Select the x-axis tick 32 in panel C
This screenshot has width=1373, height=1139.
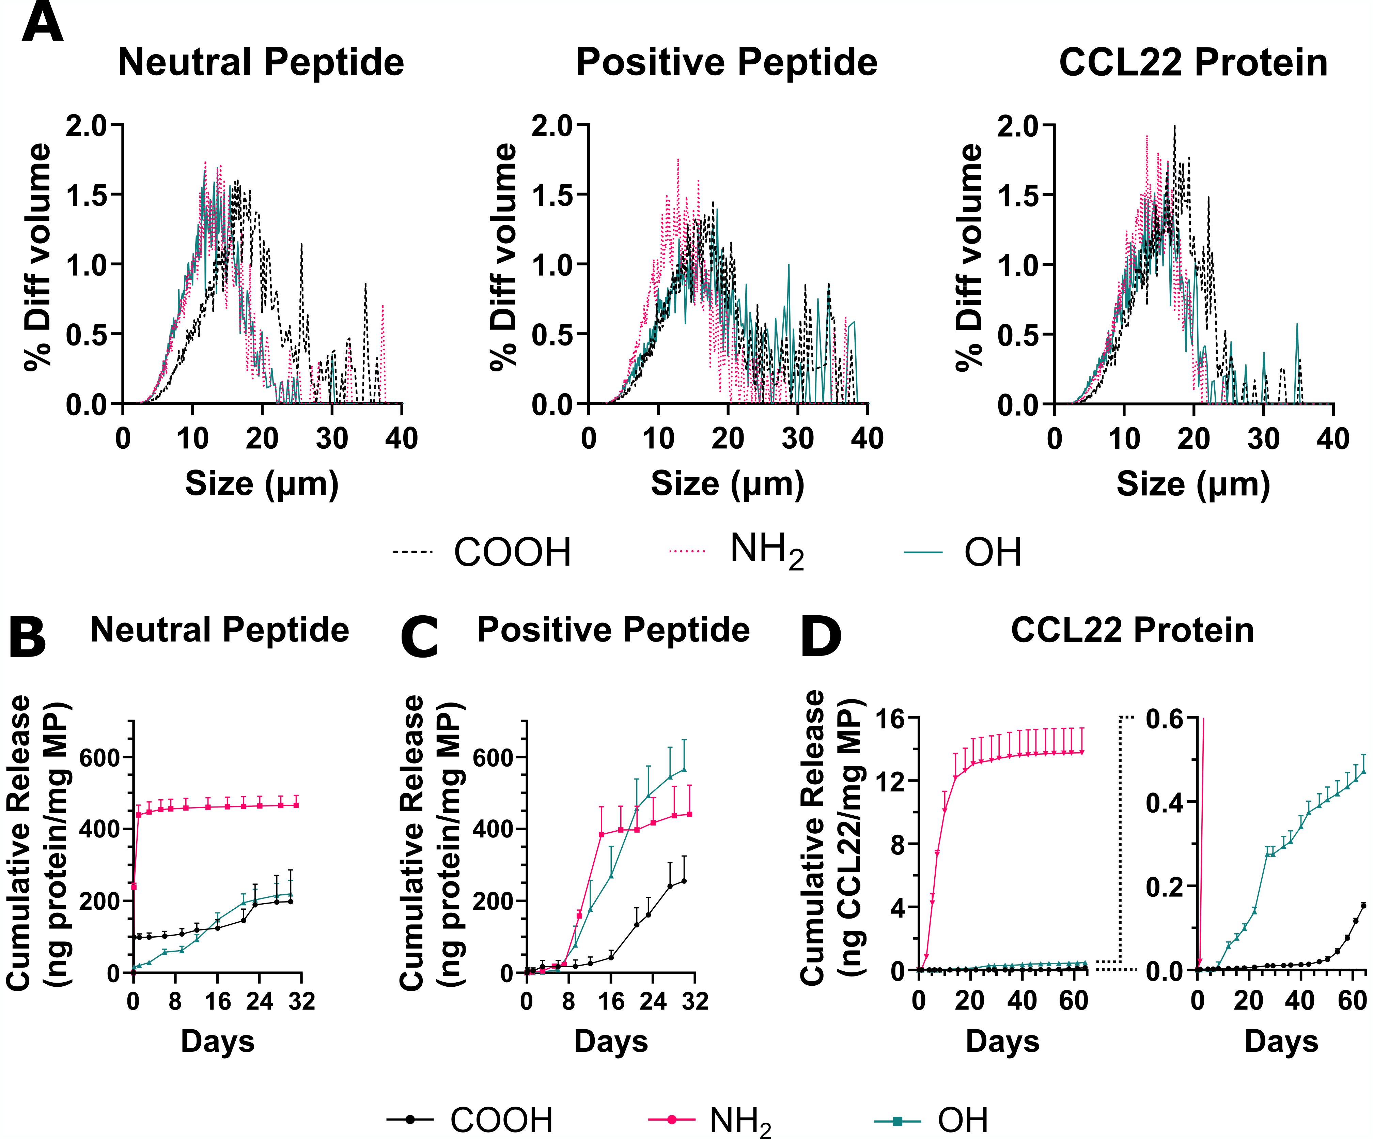pos(695,1001)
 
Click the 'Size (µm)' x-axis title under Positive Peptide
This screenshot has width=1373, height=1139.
pos(727,484)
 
